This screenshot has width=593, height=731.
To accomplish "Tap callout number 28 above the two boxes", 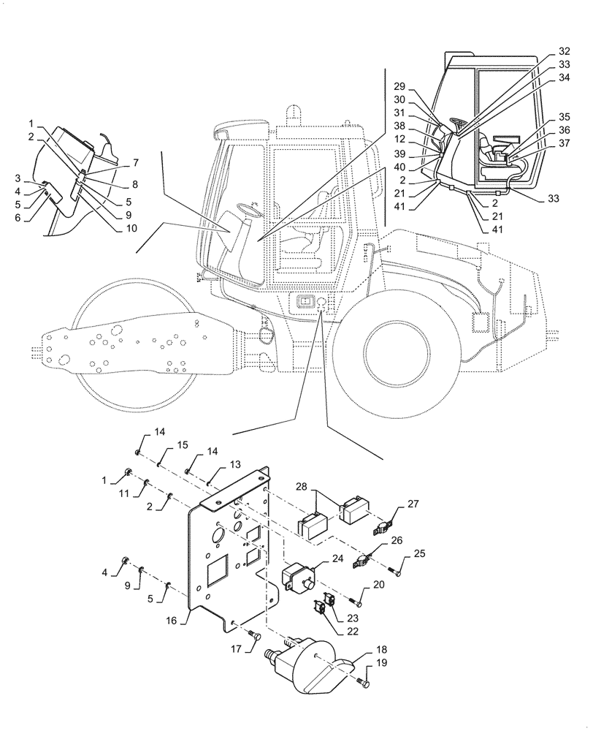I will (x=303, y=487).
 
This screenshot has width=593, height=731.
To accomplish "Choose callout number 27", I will (x=413, y=504).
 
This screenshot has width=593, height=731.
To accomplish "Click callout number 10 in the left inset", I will (x=130, y=229).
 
